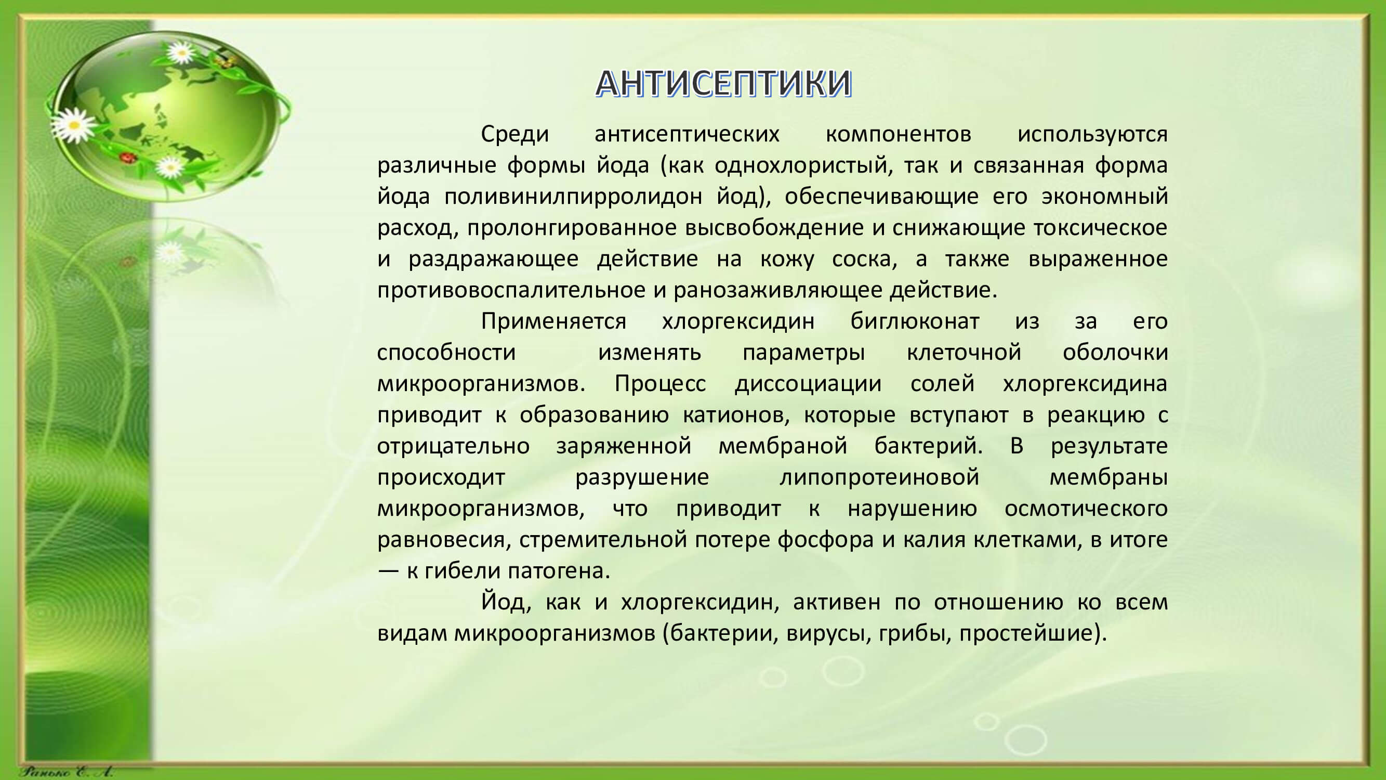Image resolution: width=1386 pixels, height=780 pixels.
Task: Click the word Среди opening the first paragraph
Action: coord(515,134)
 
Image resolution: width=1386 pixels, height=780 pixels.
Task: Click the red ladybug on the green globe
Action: coord(127,158)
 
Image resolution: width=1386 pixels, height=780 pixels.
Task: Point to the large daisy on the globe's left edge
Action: coord(74,125)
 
